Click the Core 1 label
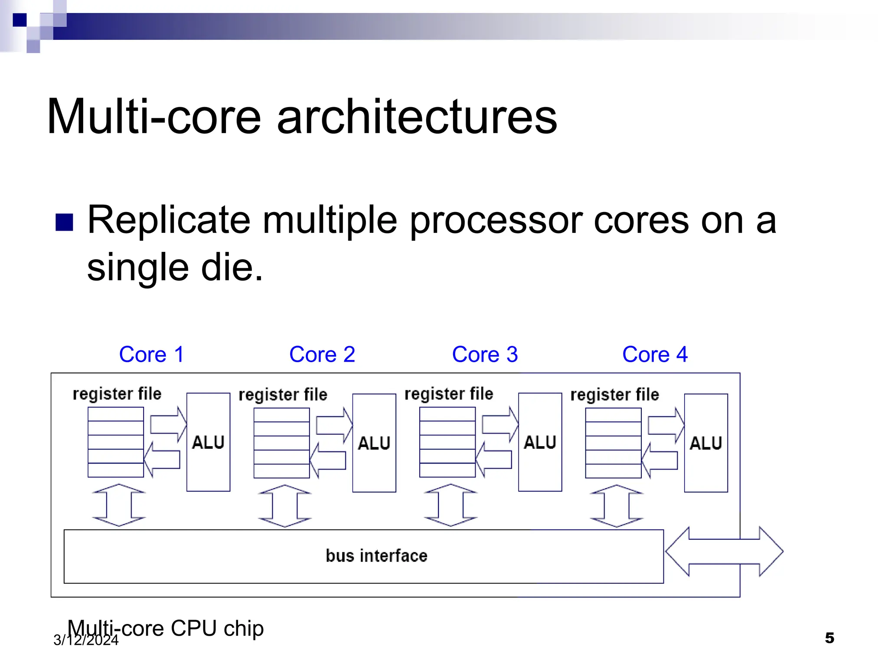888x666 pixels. pyautogui.click(x=152, y=354)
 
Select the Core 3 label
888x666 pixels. pyautogui.click(x=485, y=354)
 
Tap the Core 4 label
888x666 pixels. pyautogui.click(x=655, y=354)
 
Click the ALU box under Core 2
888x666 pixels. pyautogui.click(x=374, y=443)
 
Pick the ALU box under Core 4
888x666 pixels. pyautogui.click(x=706, y=443)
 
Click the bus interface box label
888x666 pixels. pyautogui.click(x=376, y=556)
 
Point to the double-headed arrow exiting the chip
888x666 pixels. pyautogui.click(x=724, y=552)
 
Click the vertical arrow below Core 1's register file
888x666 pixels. pyautogui.click(x=119, y=505)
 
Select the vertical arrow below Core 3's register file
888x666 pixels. pyautogui.click(x=451, y=505)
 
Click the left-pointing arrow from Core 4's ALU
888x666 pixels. pyautogui.click(x=659, y=460)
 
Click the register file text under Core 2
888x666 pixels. pyautogui.click(x=283, y=395)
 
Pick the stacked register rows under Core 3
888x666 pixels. pyautogui.click(x=447, y=442)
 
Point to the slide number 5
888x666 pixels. pyautogui.click(x=829, y=638)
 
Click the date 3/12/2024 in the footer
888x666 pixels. pyautogui.click(x=86, y=640)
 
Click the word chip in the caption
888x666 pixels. pyautogui.click(x=243, y=628)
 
